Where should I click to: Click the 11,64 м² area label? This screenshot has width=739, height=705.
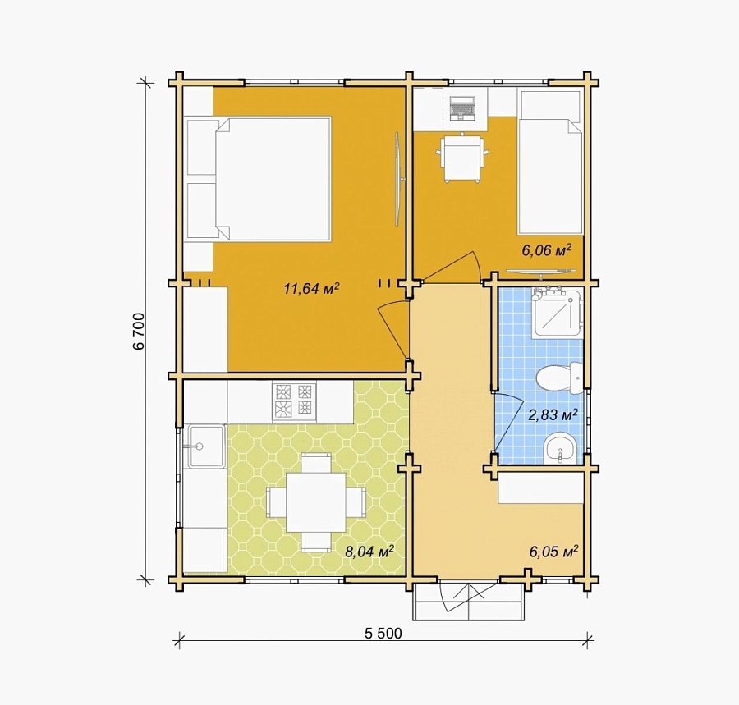coord(311,288)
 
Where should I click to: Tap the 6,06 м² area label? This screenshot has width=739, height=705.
coord(546,249)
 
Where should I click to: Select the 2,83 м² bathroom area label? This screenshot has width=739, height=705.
coord(553,415)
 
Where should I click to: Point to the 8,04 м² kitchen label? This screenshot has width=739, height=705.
coord(369,551)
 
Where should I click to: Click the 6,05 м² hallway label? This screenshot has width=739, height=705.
coord(553,551)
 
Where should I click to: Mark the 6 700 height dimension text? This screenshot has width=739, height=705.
coord(139,331)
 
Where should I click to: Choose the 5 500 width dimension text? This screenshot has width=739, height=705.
coord(383,634)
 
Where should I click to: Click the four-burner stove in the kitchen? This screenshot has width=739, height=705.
coord(294,401)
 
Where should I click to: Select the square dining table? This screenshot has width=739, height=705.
coord(316,502)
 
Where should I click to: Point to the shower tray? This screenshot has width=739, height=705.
coord(555,312)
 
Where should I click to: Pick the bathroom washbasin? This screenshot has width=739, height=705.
coord(559,448)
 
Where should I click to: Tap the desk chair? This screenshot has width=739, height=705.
coord(461,158)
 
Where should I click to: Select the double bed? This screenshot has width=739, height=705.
coord(259,180)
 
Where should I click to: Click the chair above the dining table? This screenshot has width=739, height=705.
coord(316,462)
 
